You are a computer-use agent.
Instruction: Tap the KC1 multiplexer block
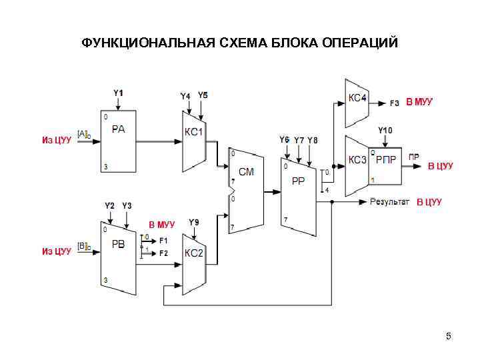[x=194, y=141]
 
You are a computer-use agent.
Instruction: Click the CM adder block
[x=246, y=190]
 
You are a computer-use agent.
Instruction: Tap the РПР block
[x=386, y=160]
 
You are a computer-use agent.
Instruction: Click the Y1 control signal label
[x=118, y=93]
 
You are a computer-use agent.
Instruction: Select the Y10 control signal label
[x=385, y=129]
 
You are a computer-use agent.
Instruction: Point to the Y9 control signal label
[x=193, y=222]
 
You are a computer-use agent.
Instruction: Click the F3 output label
[x=395, y=103]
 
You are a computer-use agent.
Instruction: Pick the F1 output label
[x=163, y=239]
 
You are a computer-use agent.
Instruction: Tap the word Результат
[x=390, y=201]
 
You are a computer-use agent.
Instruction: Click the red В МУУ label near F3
[x=419, y=102]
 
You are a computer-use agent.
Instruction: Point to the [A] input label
[x=83, y=134]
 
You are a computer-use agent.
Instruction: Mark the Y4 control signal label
[x=185, y=96]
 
